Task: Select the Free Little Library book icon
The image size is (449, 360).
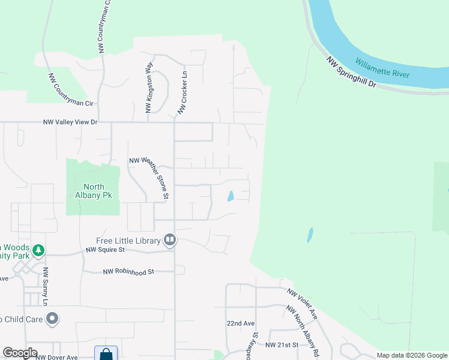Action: tap(170, 241)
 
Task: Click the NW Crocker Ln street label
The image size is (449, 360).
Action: tap(182, 92)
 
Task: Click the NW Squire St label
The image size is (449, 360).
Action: tap(105, 250)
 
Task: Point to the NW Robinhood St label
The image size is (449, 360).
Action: tap(128, 272)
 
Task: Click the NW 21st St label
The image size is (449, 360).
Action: tap(282, 345)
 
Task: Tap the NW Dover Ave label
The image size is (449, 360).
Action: tap(56, 357)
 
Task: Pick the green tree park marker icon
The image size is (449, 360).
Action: tap(38, 250)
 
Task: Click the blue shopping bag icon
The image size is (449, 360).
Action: tap(106, 353)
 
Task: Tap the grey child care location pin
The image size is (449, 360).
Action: tap(53, 319)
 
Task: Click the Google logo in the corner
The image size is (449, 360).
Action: tap(20, 353)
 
